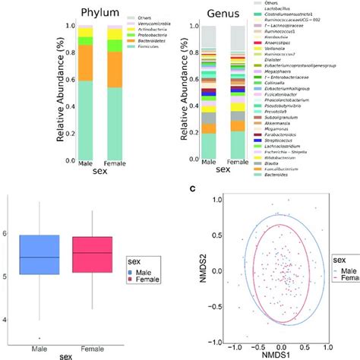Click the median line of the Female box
(96, 253)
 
